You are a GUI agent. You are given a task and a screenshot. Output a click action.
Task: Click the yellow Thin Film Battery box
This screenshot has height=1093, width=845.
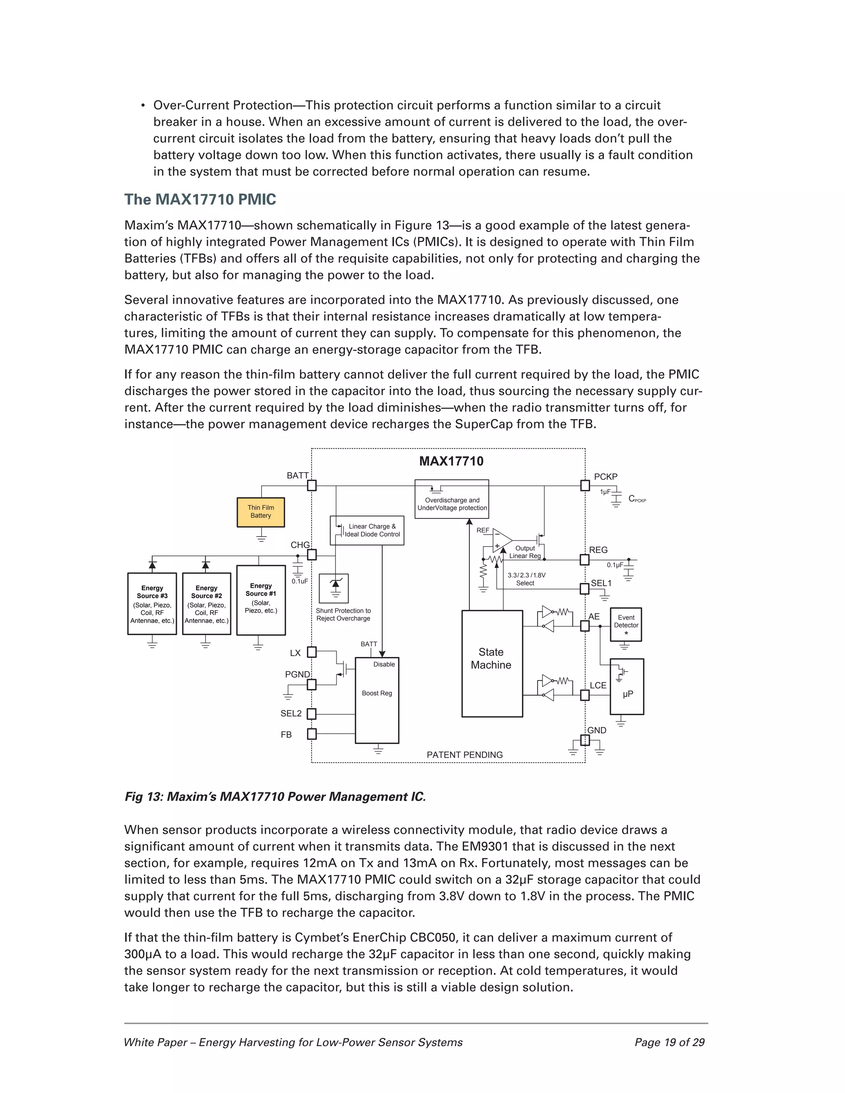260,511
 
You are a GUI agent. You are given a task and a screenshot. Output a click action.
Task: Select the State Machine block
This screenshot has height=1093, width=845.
491,663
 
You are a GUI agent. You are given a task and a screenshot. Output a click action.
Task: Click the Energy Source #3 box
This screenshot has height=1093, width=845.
152,603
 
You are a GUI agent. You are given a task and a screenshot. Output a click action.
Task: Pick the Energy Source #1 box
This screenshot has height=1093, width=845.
261,600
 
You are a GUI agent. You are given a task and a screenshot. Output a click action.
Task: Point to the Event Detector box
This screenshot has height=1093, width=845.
626,624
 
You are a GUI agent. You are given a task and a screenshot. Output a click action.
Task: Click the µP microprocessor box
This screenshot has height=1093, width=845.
627,686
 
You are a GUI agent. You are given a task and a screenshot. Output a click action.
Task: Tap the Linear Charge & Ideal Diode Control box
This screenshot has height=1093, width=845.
367,530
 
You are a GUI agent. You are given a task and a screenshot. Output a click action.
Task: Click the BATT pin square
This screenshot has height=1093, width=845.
312,485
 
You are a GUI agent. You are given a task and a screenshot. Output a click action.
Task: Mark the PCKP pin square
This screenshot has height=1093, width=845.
585,485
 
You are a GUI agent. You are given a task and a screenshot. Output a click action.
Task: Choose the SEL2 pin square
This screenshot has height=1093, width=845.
312,713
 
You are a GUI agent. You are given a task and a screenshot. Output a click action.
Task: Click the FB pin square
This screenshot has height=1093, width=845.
312,734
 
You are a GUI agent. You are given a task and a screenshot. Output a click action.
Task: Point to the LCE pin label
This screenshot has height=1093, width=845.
598,685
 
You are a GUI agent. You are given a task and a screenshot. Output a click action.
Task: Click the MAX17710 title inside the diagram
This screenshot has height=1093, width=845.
451,461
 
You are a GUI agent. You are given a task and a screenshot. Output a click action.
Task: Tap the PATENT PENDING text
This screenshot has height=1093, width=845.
465,755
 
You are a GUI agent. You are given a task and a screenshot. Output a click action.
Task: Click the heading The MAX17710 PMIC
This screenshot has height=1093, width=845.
200,199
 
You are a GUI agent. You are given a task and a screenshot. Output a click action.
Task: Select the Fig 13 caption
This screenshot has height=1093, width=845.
275,796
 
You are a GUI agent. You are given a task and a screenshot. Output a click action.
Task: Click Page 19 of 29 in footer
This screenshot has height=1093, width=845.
669,1042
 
